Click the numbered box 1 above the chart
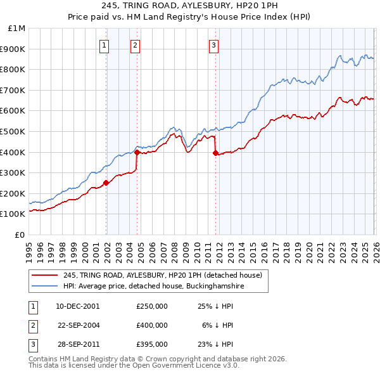[x=104, y=44]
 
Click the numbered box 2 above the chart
[x=136, y=44]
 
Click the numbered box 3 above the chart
[x=214, y=44]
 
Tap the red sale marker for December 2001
[x=106, y=183]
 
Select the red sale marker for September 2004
[x=137, y=152]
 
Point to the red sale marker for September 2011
[x=215, y=153]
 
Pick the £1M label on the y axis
[x=17, y=29]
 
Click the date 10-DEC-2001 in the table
[x=78, y=306]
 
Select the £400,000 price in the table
[x=152, y=325]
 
